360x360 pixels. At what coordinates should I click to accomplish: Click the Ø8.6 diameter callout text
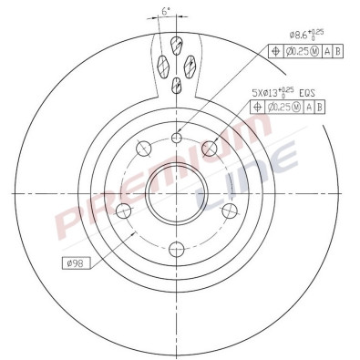304,34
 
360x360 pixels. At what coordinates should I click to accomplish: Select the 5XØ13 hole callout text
273,91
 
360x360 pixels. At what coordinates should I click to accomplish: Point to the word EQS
305,92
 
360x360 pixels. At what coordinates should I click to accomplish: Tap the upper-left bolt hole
142,149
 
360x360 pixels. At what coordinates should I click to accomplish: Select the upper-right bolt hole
212,148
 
